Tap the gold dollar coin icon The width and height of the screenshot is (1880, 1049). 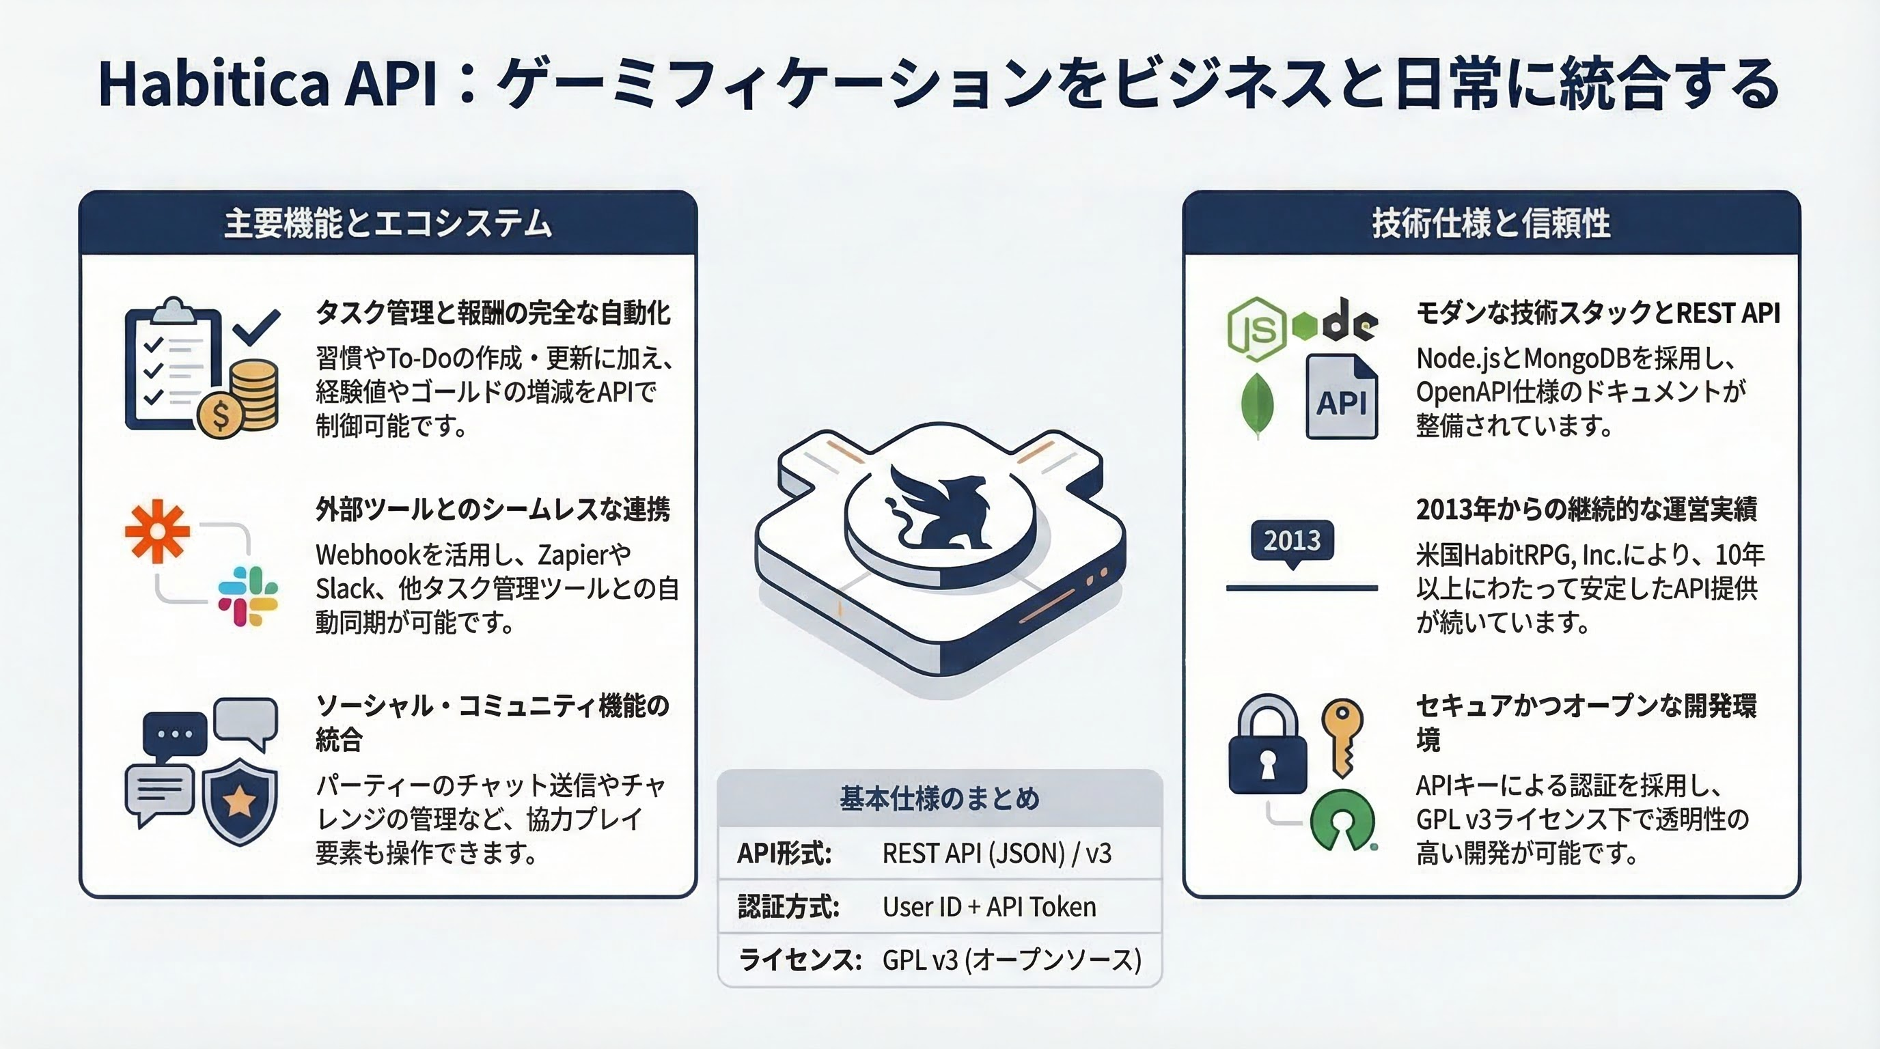pyautogui.click(x=221, y=415)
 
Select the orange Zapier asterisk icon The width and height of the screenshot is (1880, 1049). pyautogui.click(x=157, y=531)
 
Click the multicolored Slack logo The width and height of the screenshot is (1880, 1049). pyautogui.click(x=248, y=596)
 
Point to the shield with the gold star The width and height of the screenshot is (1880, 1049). pyautogui.click(x=238, y=800)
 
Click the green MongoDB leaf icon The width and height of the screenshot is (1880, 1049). pyautogui.click(x=1258, y=406)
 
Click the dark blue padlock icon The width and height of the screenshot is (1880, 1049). pyautogui.click(x=1268, y=745)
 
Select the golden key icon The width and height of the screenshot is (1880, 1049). pyautogui.click(x=1343, y=738)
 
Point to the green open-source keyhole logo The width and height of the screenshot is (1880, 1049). pyautogui.click(x=1343, y=821)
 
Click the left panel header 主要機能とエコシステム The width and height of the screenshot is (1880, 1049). pyautogui.click(x=388, y=223)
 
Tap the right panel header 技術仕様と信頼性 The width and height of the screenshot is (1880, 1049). pyautogui.click(x=1491, y=223)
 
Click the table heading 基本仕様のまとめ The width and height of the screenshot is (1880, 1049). pyautogui.click(x=939, y=799)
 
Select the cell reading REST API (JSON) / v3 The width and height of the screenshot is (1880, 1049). pyautogui.click(x=997, y=853)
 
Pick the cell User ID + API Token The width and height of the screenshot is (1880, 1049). pyautogui.click(x=989, y=907)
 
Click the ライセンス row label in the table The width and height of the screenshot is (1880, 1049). pyautogui.click(x=800, y=960)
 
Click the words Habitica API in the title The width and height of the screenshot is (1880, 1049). pyautogui.click(x=267, y=85)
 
